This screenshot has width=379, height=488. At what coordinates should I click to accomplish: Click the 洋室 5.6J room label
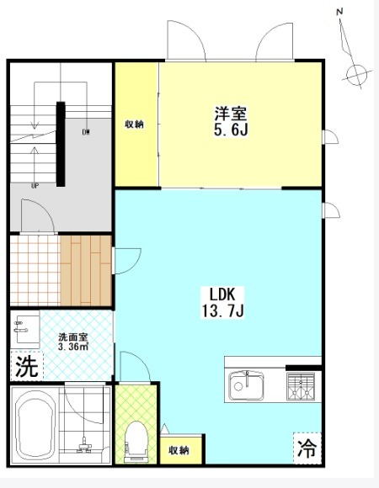pos(231,121)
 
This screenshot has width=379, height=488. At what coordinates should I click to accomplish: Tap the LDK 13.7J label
pos(222,302)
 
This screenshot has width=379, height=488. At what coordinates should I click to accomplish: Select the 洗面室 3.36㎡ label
pos(73,342)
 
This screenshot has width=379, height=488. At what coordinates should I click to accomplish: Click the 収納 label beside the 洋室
pos(135,125)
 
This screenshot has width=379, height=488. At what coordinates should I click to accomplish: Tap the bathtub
pos(35,426)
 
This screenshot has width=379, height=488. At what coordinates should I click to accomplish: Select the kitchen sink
pos(246,386)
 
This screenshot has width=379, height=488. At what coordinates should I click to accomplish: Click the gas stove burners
pos(301,386)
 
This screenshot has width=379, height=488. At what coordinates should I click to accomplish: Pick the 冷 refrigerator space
pos(307,448)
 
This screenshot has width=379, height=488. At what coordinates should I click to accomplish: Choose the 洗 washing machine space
pos(27,366)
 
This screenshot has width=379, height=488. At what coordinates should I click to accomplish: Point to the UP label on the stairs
pos(35,186)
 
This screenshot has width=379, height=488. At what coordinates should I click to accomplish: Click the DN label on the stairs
pos(86,132)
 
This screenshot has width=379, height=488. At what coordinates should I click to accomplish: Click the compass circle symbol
pos(356,75)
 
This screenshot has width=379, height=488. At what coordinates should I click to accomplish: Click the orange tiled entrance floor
pos(35,270)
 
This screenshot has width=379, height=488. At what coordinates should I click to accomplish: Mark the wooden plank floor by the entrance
pos(86,270)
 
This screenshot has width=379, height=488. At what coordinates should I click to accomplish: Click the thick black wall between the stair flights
pos(61,144)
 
